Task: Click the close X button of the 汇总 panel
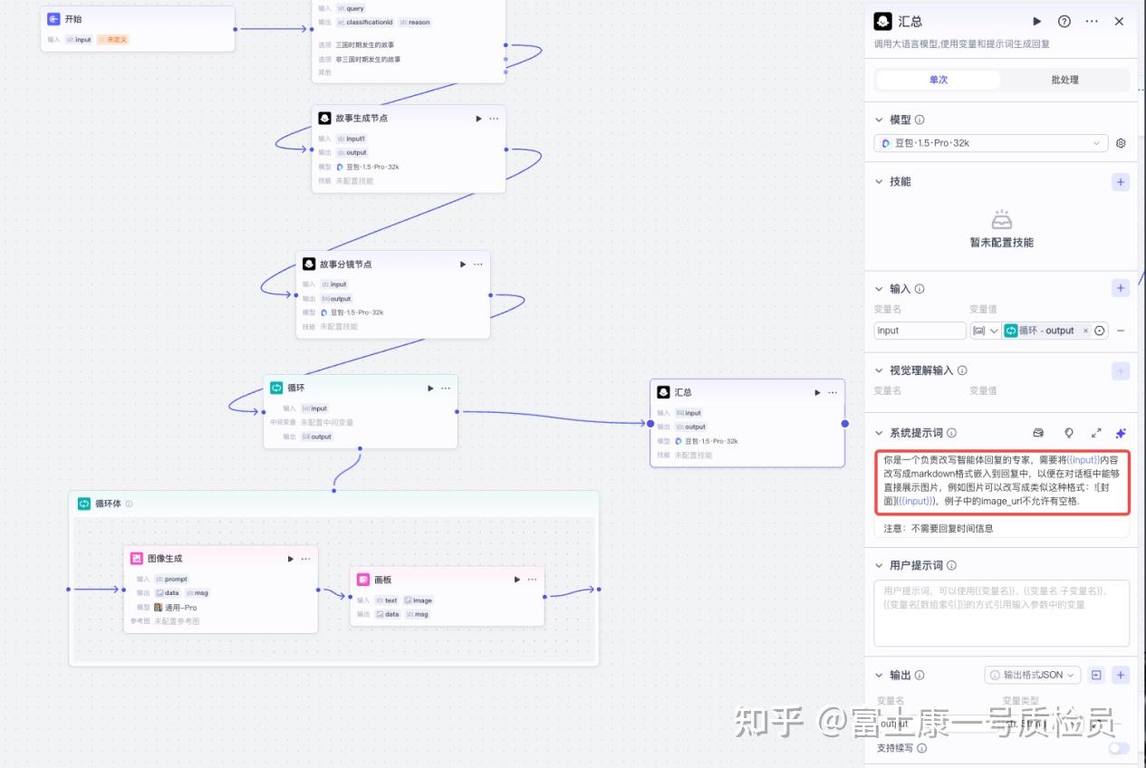point(1119,21)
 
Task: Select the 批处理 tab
point(1064,80)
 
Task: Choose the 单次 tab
point(939,80)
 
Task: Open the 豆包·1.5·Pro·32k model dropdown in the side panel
point(991,143)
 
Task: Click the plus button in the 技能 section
point(1121,182)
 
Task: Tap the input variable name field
point(920,331)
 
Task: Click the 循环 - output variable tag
point(1046,331)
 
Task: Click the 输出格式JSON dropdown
point(1033,675)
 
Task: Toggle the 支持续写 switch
point(1119,748)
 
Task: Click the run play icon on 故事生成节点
point(478,119)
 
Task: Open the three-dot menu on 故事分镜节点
point(478,264)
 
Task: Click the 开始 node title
point(73,19)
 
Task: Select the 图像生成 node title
point(164,559)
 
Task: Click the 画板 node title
point(382,580)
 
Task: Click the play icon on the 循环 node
point(430,389)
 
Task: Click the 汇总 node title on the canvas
point(683,393)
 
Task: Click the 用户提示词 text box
point(1001,612)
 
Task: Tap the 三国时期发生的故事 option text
point(365,44)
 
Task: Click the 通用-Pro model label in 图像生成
point(180,608)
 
